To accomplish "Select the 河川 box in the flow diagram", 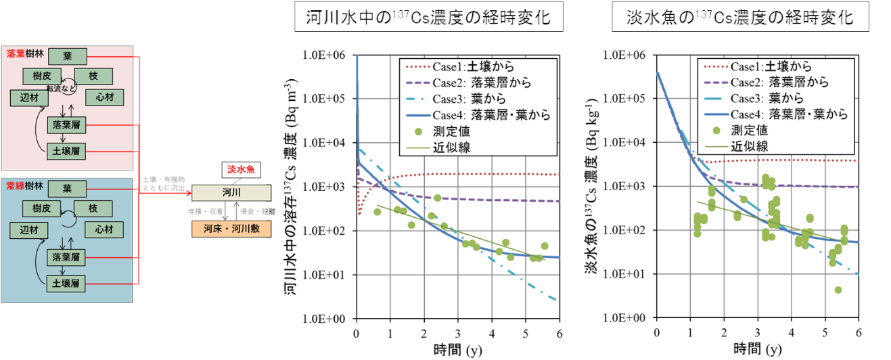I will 231,193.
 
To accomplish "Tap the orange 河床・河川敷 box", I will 231,229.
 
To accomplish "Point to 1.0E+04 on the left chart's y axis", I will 327,143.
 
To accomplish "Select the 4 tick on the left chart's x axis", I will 492,332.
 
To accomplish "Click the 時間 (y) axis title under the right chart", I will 757,349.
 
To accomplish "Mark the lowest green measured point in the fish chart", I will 838,290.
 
